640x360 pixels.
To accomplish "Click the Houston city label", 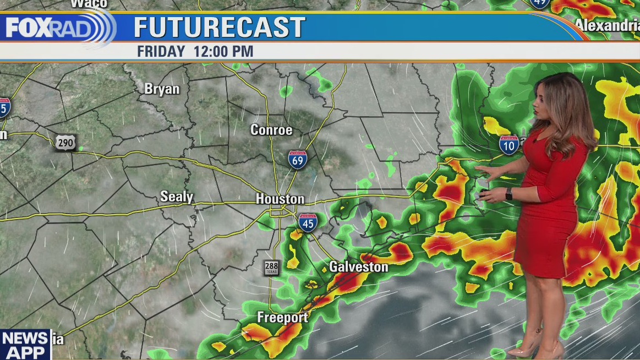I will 280,199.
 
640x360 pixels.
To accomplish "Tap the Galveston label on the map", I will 358,267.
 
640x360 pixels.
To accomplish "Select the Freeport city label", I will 283,318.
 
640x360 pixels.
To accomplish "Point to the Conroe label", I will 271,130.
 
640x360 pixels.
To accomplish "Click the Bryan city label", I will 162,89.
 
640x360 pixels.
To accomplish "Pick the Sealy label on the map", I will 176,197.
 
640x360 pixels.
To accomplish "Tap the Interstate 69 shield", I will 298,160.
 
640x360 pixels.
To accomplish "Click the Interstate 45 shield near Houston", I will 308,222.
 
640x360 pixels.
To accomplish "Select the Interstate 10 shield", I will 509,145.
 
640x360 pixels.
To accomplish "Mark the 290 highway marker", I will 65,142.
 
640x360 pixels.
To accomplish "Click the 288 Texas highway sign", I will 271,268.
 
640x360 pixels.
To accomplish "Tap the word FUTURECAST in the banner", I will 219,28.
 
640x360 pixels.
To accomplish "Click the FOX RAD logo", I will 58,28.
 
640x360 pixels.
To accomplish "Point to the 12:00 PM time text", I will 223,52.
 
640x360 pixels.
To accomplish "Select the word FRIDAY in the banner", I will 161,52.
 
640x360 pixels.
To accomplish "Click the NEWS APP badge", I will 24,345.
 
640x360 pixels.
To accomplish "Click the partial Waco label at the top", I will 89,3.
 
